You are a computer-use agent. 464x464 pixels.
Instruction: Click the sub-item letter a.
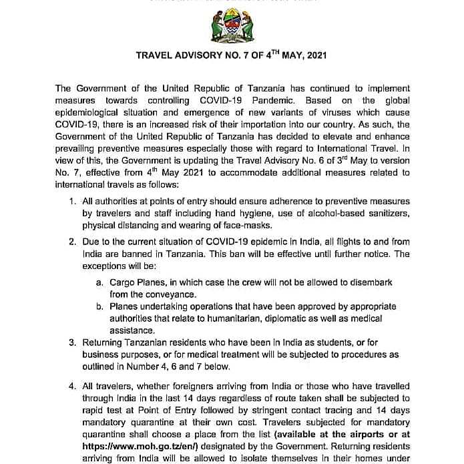pyautogui.click(x=99, y=283)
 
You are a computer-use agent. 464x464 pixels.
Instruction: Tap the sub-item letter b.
pyautogui.click(x=99, y=306)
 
